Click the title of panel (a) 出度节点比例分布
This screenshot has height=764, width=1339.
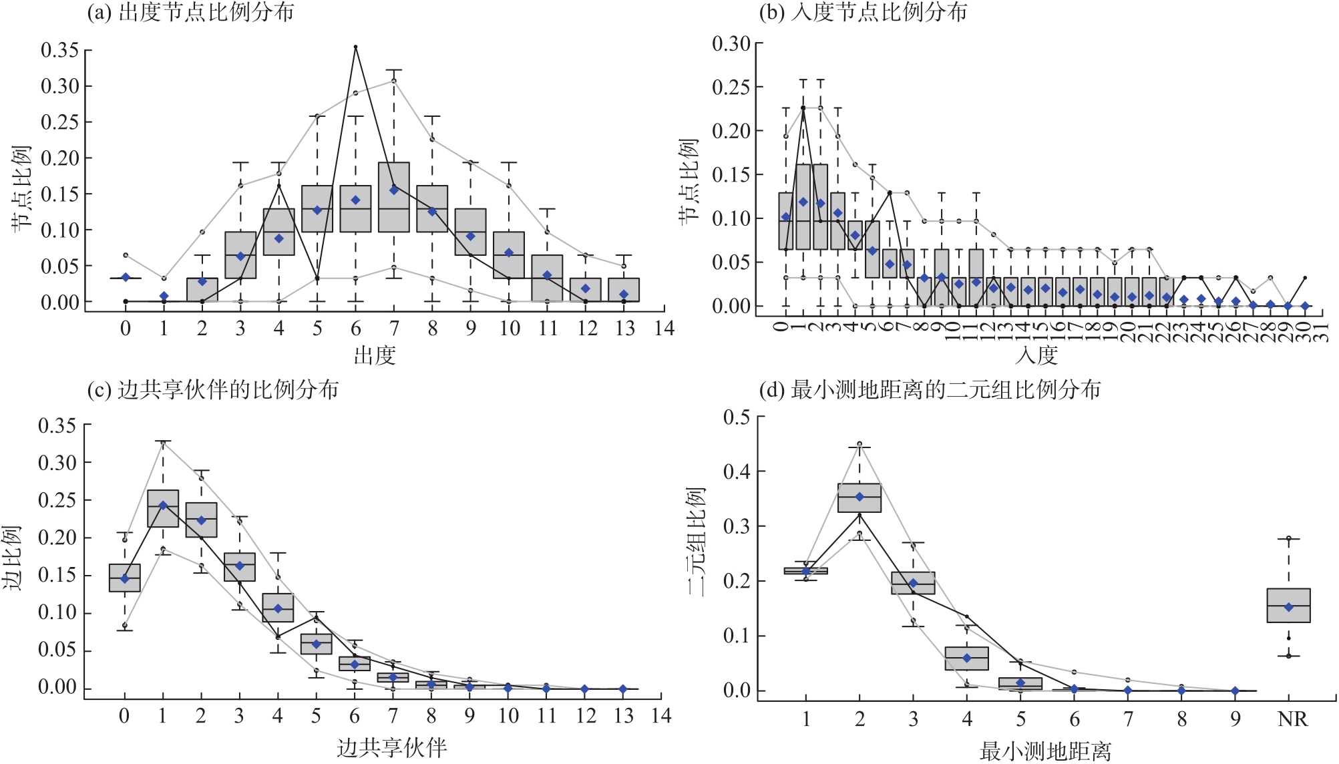[191, 12]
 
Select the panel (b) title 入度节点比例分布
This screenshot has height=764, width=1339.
[863, 12]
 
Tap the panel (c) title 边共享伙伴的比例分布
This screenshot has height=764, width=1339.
[213, 389]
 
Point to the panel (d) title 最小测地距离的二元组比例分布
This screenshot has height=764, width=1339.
[930, 389]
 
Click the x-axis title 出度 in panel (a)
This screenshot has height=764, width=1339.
[374, 356]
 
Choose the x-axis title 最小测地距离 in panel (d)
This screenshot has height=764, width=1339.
[1045, 751]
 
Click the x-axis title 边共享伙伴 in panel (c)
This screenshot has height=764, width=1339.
[391, 747]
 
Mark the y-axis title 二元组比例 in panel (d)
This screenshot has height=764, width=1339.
[695, 541]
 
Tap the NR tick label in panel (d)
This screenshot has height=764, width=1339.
[1292, 719]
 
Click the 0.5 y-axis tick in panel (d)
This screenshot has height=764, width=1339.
[736, 417]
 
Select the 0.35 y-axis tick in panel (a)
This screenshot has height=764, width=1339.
[59, 50]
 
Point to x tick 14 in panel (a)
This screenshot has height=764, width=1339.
[664, 329]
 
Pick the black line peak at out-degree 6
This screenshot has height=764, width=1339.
[355, 47]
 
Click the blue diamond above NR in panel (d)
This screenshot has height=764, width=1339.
[1289, 607]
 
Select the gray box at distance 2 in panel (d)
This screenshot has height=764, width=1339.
[859, 498]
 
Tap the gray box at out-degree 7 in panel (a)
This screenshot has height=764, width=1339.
[394, 197]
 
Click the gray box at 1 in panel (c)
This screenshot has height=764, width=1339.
[163, 509]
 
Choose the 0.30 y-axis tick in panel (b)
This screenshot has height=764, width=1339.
[731, 44]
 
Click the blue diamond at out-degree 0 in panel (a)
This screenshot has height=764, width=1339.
[126, 277]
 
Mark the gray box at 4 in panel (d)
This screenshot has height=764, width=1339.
[966, 658]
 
